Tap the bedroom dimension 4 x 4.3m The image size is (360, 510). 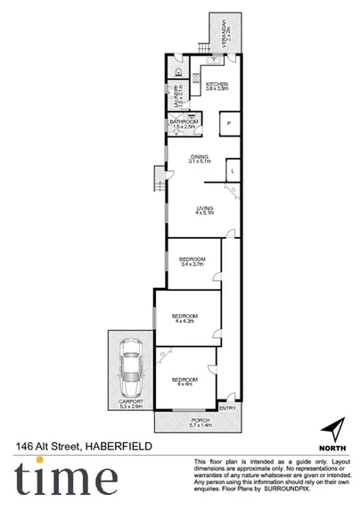click(184, 321)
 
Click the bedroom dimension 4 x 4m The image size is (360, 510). click(184, 383)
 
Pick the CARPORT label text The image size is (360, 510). click(131, 403)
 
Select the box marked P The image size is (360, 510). click(229, 124)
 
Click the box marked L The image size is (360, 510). click(232, 169)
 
